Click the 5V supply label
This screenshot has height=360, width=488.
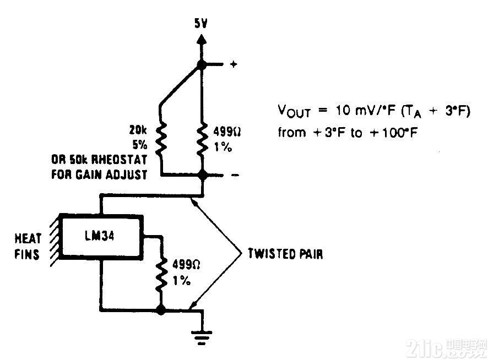(x=200, y=23)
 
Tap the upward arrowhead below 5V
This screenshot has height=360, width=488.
(x=202, y=40)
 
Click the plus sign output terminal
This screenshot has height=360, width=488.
(x=234, y=64)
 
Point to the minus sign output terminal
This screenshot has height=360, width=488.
(x=235, y=175)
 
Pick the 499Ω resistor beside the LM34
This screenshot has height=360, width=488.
(x=161, y=274)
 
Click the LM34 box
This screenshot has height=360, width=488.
(x=101, y=237)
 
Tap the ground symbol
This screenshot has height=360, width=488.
(x=202, y=337)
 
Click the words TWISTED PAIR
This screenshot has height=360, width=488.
(x=285, y=254)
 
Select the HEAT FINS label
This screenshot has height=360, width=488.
(x=28, y=247)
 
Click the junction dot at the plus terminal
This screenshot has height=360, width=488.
(x=202, y=65)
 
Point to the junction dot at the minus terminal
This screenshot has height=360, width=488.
(x=202, y=175)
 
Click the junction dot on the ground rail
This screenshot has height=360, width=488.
(x=161, y=309)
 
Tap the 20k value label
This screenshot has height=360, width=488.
(x=138, y=130)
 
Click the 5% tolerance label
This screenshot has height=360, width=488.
(x=140, y=145)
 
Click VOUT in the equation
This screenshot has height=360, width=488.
(x=294, y=111)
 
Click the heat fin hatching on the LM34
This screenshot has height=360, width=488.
(x=55, y=239)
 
